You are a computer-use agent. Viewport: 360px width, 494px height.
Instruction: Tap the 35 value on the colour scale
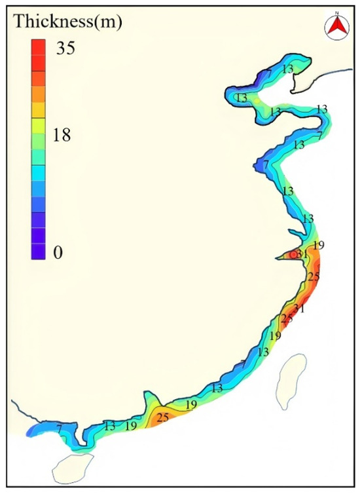tap(66, 48)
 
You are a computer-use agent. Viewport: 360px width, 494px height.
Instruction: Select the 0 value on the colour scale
tap(58, 253)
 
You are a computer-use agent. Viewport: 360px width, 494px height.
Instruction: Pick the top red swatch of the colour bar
tap(38, 47)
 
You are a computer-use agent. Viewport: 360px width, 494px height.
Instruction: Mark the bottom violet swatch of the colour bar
tap(38, 251)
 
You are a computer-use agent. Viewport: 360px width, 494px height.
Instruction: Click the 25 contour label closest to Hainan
tap(163, 417)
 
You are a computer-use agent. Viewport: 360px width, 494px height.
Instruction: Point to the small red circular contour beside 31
tap(293, 256)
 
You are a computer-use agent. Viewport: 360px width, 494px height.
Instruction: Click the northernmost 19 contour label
tap(319, 246)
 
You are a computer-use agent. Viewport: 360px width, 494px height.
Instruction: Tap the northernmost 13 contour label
tap(287, 69)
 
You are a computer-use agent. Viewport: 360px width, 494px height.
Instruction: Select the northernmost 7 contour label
tap(269, 72)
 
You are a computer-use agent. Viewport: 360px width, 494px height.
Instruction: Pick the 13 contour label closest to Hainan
tap(110, 427)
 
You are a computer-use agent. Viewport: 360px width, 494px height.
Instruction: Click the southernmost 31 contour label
tap(300, 309)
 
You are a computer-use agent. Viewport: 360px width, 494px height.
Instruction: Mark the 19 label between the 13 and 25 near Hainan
tap(131, 426)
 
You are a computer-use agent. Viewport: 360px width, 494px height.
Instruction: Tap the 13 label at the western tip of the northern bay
tap(242, 98)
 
